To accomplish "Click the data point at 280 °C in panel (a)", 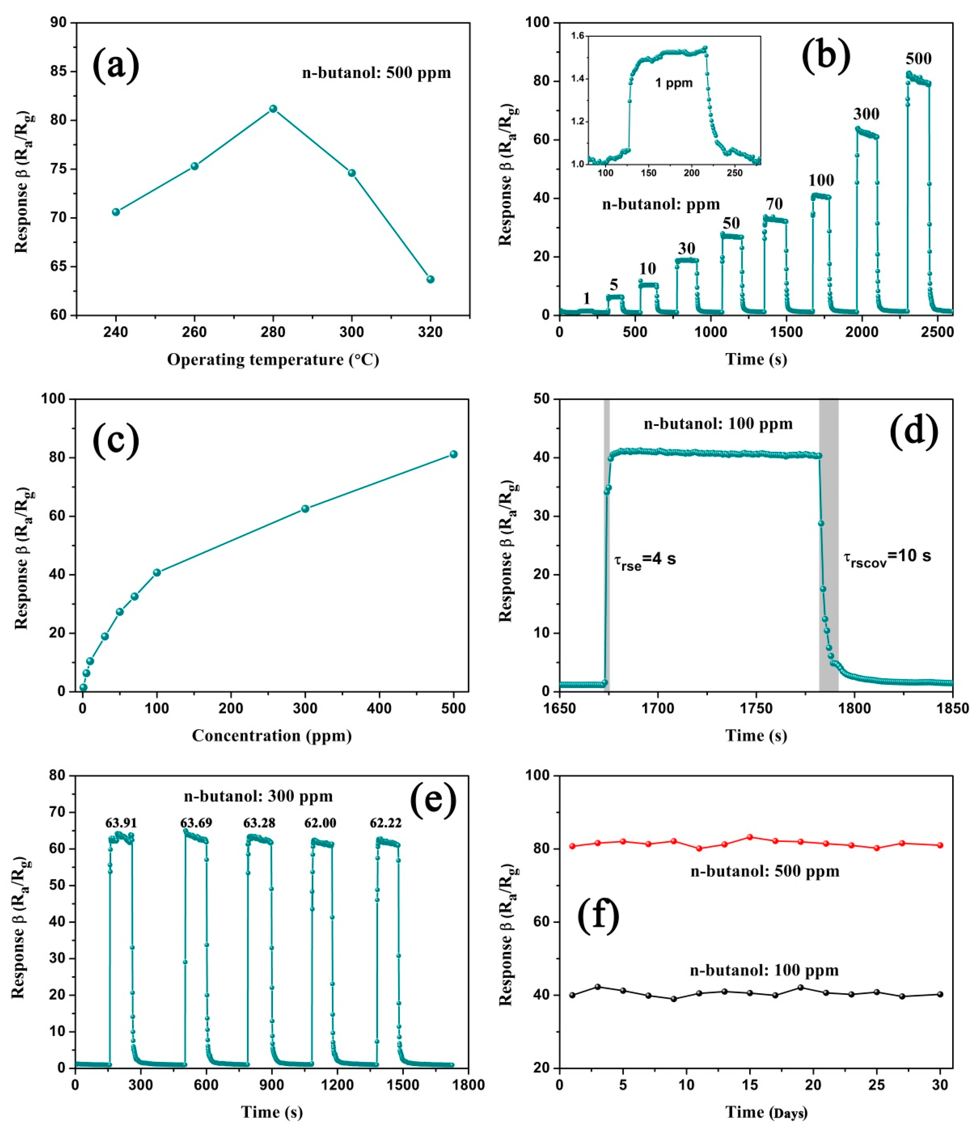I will (x=273, y=109).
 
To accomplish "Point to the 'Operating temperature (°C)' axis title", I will (x=273, y=360).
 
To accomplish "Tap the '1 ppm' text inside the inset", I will (x=674, y=83).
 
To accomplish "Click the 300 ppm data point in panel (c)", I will (x=305, y=509).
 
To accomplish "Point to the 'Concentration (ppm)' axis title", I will (x=272, y=736).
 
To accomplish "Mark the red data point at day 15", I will (x=750, y=837).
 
